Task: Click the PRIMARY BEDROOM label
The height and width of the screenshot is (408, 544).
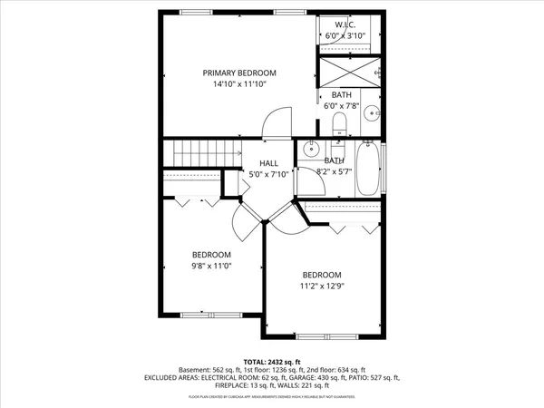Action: tap(239, 73)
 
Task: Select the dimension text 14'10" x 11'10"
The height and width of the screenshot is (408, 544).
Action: tap(239, 83)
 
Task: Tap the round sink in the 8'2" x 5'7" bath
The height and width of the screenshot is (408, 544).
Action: tap(311, 149)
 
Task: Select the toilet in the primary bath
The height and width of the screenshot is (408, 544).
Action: tap(340, 122)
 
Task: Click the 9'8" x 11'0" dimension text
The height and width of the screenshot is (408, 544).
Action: tap(211, 267)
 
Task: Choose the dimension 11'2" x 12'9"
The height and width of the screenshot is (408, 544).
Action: tap(322, 287)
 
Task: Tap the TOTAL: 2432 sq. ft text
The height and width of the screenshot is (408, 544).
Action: tap(272, 361)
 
